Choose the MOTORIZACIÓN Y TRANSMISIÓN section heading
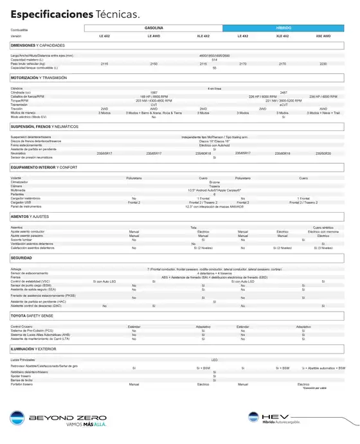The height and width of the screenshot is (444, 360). [48, 77]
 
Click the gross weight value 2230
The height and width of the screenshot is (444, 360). [323, 64]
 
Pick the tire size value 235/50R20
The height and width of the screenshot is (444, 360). [323, 154]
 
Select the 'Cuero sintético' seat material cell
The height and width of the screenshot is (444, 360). [323, 227]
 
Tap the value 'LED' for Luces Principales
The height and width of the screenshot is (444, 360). [215, 360]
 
